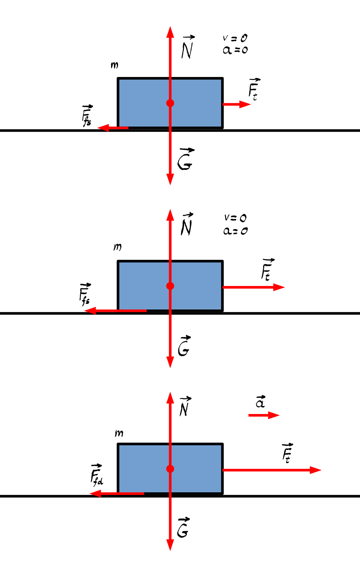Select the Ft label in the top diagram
point(254,89)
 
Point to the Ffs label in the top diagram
point(87,116)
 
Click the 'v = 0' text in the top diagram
point(235,38)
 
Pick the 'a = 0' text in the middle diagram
point(235,231)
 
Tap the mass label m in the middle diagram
point(117,247)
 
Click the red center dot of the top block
point(170,103)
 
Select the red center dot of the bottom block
point(170,469)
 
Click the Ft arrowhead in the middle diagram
point(279,287)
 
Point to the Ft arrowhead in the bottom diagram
point(316,470)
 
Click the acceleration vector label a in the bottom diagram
point(261,402)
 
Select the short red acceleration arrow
point(264,415)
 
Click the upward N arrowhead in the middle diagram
point(170,215)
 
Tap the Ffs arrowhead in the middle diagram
point(90,311)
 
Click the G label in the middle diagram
point(184,346)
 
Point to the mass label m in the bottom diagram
point(119,433)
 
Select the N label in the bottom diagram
point(185,406)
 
